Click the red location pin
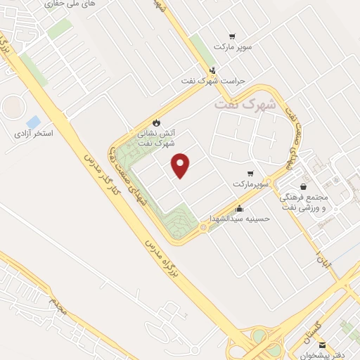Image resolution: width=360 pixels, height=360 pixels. pos(181,165)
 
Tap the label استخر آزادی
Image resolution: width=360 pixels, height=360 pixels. pos(34,132)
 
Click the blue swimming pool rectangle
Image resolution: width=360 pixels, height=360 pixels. pos(33,120)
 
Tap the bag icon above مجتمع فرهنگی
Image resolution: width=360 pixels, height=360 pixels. pos(302,186)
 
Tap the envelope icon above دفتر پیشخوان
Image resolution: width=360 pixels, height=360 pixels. pos(322,344)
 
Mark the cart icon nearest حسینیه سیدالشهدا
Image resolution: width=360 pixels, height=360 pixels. pos(250,173)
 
